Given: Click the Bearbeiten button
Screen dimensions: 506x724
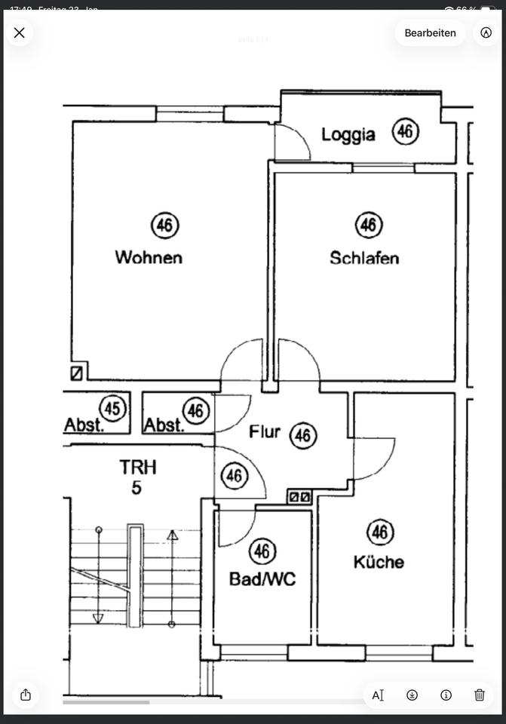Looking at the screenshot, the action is pos(430,32).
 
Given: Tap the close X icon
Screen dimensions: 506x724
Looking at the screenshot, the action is pos(20,32).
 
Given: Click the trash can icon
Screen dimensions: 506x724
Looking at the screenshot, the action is pos(480,695).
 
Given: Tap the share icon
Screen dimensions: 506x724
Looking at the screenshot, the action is pos(26,695).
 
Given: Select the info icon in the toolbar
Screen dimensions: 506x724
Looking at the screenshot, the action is pos(446,695).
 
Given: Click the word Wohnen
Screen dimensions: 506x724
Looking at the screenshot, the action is pos(149,257).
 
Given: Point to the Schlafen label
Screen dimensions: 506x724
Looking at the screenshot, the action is pos(364,258).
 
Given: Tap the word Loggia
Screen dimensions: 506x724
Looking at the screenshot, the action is pos(348,135).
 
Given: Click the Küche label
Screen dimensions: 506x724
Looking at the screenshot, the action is pos(379,562).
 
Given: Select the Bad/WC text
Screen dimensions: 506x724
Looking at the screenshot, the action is pos(262,579).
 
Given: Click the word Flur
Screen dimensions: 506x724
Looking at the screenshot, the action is pos(265,431).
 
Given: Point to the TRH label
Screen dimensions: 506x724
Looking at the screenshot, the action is pos(137,467).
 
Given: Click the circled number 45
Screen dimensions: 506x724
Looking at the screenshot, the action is pos(112,409).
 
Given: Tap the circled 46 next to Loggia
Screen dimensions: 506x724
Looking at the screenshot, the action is pos(406,132).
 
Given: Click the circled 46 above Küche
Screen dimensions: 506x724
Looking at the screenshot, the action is pos(380,533).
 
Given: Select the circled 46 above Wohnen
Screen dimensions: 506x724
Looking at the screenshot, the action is pos(165,225).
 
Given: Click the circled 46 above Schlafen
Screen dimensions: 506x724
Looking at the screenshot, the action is pos(368,225).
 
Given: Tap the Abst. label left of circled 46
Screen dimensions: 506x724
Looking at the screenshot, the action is pos(164,425).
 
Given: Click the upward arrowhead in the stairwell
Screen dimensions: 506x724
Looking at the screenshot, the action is pos(172,535).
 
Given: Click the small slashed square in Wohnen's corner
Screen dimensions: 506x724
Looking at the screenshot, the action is pos(76,373).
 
